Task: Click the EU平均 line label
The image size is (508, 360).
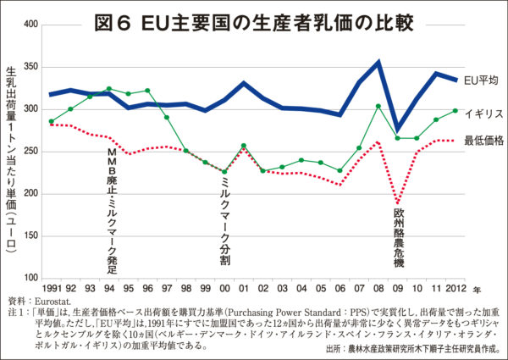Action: pos(483,80)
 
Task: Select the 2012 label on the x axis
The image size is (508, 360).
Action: pos(455,291)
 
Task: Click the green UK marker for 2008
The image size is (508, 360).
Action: pos(378,106)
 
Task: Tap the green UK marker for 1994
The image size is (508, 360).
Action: pos(109,88)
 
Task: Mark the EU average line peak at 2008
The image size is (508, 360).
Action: pos(378,62)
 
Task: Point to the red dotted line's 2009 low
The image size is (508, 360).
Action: pos(398,204)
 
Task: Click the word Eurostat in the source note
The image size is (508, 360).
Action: pos(53,301)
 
